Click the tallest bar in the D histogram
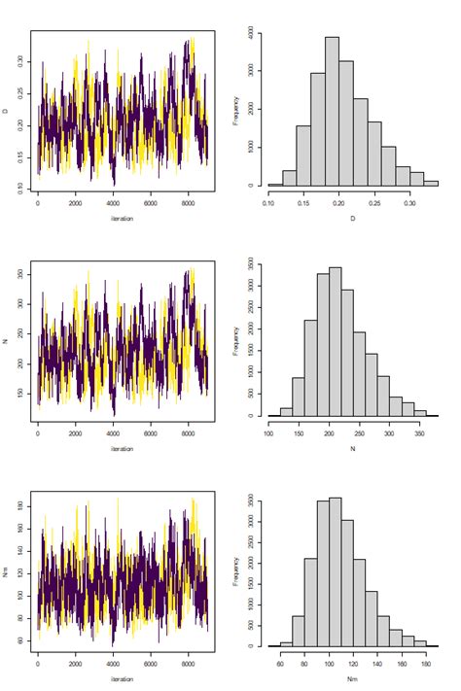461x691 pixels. click(332, 112)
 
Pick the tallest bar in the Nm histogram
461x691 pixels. click(336, 572)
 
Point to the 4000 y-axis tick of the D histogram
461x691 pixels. click(250, 33)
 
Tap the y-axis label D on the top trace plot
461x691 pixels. click(9, 110)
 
